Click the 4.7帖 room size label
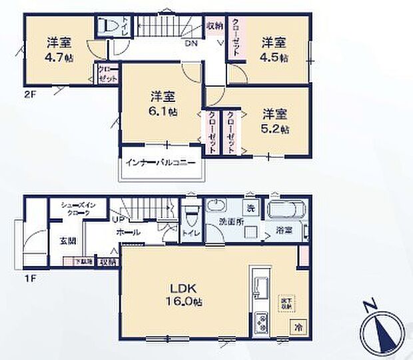(x=59, y=57)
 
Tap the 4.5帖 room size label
(x=274, y=57)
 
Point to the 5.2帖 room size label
(x=274, y=127)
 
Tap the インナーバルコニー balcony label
(x=160, y=162)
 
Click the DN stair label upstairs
(x=191, y=44)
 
